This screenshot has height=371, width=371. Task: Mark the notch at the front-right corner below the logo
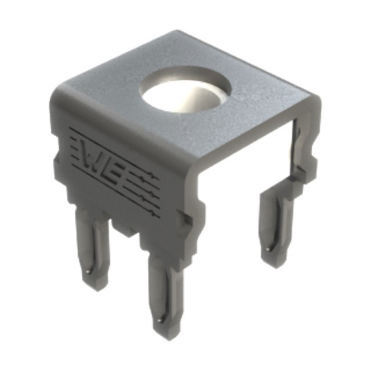pos(184,221)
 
